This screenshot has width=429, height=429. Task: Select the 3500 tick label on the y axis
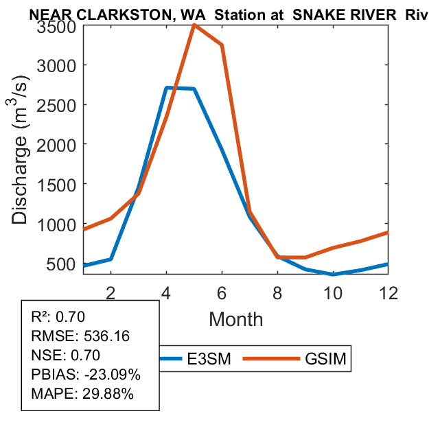tap(56, 27)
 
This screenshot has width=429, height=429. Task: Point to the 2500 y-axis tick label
tap(56, 105)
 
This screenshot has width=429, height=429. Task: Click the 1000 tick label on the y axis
tap(56, 224)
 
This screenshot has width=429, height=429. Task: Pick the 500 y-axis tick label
tap(62, 264)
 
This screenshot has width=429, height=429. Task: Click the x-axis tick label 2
tap(111, 292)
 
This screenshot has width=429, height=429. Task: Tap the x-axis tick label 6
tap(222, 292)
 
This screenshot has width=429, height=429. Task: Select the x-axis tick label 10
tap(334, 292)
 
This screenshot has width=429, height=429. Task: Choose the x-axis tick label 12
tap(389, 292)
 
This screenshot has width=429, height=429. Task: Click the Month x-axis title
tap(235, 319)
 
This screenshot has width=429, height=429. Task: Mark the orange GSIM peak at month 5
tap(194, 25)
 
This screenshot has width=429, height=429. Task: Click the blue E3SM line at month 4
tap(166, 88)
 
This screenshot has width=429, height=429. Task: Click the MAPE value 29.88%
tap(108, 394)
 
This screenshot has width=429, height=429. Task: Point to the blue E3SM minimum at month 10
tap(334, 274)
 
